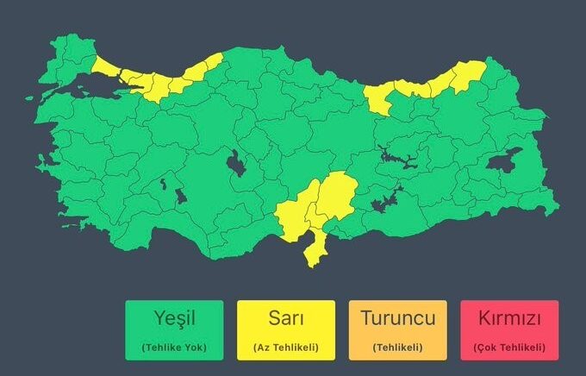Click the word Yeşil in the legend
point(173,319)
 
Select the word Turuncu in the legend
point(397,319)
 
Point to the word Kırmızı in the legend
point(509,319)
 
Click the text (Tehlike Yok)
point(173,347)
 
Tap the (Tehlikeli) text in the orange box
point(397,347)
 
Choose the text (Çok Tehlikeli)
point(509,347)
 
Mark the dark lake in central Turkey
point(234,161)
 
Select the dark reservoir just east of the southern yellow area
point(383,201)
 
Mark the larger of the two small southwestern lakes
point(181,196)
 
